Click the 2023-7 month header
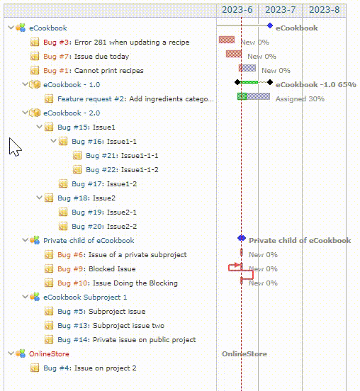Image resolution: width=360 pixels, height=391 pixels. point(280,10)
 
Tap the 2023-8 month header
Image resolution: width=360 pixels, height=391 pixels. point(324,10)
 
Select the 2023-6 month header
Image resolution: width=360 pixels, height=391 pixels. point(237,10)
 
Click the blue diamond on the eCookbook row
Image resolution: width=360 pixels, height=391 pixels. point(270,25)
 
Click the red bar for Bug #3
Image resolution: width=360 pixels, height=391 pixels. point(227,40)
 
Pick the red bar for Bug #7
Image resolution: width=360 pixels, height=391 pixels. point(234,54)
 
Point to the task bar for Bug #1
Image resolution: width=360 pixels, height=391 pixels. point(247,68)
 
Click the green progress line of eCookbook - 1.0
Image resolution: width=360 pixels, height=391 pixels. point(249,82)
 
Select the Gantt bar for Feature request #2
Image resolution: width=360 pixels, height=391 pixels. point(254,96)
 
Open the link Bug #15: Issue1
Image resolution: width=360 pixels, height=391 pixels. point(86,127)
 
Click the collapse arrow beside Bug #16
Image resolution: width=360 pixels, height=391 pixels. point(53,141)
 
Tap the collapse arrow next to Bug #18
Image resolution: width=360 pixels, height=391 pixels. point(39,198)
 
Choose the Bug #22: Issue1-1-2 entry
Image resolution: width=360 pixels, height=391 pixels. point(122,170)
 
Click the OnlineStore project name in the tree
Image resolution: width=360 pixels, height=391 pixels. point(49,354)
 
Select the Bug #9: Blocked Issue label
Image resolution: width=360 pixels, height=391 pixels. point(96,269)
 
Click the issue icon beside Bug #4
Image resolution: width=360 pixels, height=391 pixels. point(35,368)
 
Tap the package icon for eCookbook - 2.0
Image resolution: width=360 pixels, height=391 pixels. point(35,113)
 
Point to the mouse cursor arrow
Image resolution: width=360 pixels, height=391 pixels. point(14,147)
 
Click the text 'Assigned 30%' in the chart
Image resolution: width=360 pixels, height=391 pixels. point(300,99)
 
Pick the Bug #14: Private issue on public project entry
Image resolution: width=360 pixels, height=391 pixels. point(127,339)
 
